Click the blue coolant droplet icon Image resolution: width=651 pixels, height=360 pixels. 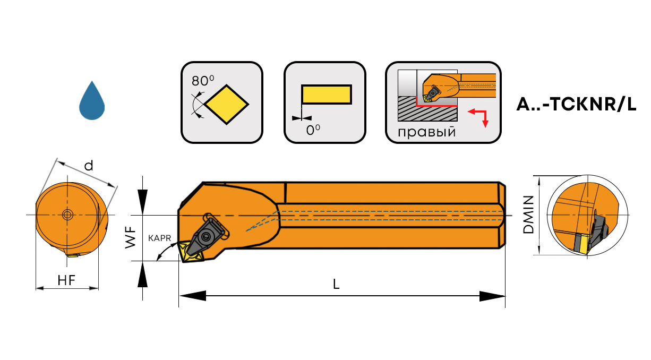pyautogui.click(x=92, y=102)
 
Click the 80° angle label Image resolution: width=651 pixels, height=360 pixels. pyautogui.click(x=203, y=81)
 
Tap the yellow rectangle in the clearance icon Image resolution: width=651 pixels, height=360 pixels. pyautogui.click(x=326, y=94)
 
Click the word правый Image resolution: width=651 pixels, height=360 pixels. pyautogui.click(x=426, y=132)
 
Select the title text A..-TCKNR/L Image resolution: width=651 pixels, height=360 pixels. pyautogui.click(x=576, y=105)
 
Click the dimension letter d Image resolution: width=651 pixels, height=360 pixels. pyautogui.click(x=89, y=166)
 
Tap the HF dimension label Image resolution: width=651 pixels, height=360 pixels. pyautogui.click(x=66, y=281)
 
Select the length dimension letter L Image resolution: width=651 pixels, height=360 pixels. pyautogui.click(x=336, y=284)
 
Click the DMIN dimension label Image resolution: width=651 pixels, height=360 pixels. pyautogui.click(x=528, y=215)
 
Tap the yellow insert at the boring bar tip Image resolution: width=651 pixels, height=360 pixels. pyautogui.click(x=190, y=253)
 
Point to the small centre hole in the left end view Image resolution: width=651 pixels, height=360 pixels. pyautogui.click(x=67, y=215)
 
